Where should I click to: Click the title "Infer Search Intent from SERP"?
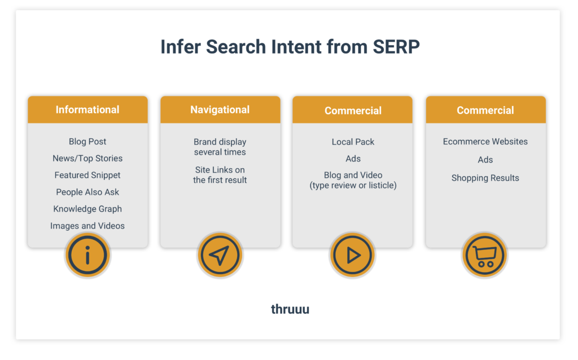click(290, 47)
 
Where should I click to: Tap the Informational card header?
click(87, 109)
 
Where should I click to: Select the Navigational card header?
click(220, 109)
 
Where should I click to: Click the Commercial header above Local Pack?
click(353, 111)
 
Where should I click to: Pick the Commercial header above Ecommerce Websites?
click(485, 110)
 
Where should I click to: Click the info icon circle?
click(87, 256)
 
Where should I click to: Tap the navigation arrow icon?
click(220, 256)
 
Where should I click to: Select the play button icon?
click(353, 256)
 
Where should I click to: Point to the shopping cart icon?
click(485, 256)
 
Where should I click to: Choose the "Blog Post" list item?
click(87, 142)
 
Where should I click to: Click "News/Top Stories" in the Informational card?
click(87, 159)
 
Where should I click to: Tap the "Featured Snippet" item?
click(87, 175)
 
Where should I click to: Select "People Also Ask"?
click(87, 192)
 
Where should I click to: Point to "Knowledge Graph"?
click(87, 209)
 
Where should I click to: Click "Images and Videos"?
click(87, 226)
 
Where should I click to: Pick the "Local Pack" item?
click(353, 142)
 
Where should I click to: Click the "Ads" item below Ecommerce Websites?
click(485, 160)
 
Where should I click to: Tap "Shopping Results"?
click(485, 178)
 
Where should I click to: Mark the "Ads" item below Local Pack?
click(353, 159)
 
